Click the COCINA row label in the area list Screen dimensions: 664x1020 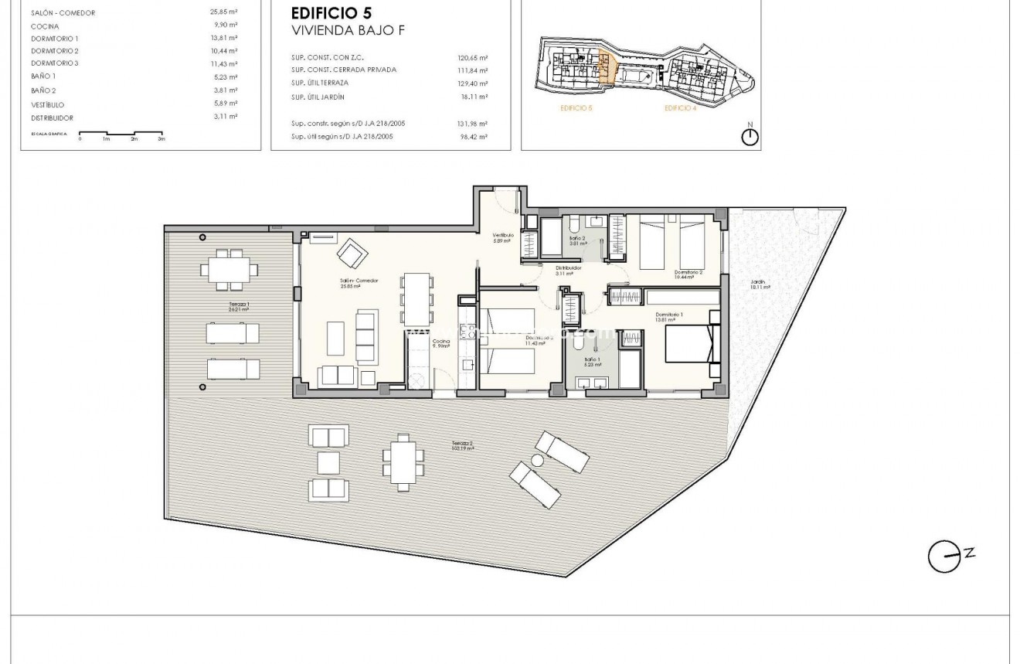tap(45, 26)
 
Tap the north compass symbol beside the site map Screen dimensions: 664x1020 tap(750, 137)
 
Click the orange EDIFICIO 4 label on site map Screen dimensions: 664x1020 tap(681, 109)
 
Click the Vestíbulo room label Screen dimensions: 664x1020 tap(504, 237)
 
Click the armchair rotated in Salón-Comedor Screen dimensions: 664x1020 tap(352, 251)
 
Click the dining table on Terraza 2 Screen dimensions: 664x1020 tap(402, 462)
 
